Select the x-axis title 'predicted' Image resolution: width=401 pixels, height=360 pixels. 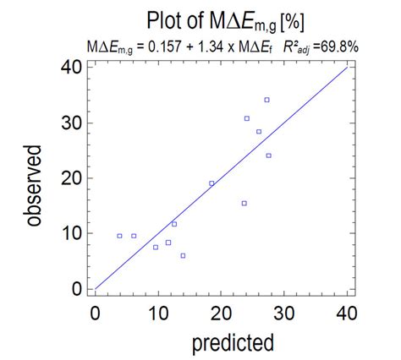(x=233, y=343)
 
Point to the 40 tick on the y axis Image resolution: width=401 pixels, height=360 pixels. (x=74, y=68)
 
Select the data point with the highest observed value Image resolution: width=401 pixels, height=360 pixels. (x=266, y=100)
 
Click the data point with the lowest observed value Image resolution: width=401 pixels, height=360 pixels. (x=183, y=255)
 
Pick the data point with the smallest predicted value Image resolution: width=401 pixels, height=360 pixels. (x=119, y=236)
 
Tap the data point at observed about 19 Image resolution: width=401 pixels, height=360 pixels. (x=211, y=183)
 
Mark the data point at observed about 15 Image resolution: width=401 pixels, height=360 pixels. (x=244, y=203)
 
